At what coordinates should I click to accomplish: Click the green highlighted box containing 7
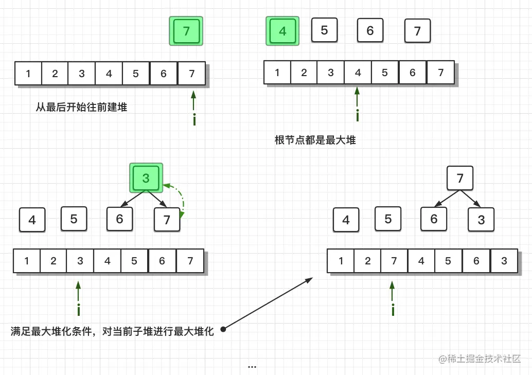coord(186,31)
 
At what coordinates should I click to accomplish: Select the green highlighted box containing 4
coord(282,31)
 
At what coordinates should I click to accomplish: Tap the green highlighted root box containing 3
coord(146,178)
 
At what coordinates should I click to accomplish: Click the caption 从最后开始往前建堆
coord(81,108)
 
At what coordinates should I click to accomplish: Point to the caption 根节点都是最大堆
coord(315,140)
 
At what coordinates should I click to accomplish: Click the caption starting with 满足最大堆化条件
coord(112,332)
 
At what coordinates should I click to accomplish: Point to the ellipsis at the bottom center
coord(252,367)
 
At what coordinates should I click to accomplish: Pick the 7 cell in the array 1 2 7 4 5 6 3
coord(394,261)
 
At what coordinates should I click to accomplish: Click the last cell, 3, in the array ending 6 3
coord(504,261)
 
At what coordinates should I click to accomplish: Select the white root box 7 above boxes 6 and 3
coord(460,178)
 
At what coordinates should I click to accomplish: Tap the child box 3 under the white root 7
coord(481,220)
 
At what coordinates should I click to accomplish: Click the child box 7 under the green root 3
coord(167,220)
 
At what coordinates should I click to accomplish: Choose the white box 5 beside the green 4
coord(324,30)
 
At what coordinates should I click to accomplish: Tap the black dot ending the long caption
coord(223,329)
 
